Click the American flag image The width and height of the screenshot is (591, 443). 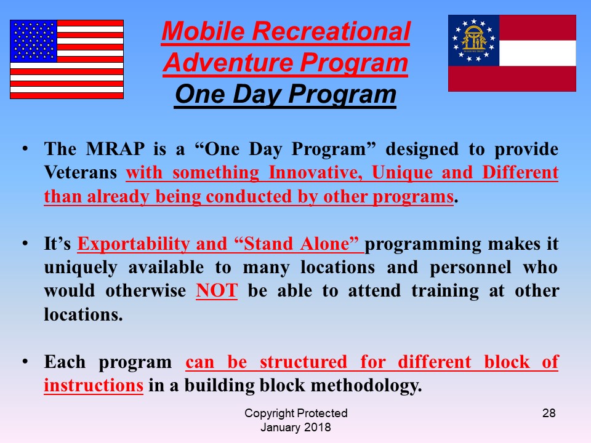(x=66, y=59)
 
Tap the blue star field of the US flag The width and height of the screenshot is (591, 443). (x=33, y=41)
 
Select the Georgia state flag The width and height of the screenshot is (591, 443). (x=512, y=53)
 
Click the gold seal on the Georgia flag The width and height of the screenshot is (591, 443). (x=474, y=41)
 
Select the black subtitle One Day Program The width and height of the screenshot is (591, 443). (x=285, y=94)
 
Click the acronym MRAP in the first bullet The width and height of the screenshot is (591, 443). (x=115, y=149)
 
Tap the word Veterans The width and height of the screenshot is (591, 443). (x=81, y=172)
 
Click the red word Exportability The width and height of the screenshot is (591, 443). (x=134, y=244)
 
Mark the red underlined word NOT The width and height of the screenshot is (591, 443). (x=217, y=291)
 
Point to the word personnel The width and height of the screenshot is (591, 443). (x=470, y=268)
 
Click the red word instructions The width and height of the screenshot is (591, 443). (x=94, y=385)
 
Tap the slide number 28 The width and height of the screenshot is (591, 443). (x=549, y=413)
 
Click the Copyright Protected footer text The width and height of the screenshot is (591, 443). (x=296, y=413)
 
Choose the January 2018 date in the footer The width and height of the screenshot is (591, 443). (x=295, y=428)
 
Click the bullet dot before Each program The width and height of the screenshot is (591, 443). (x=25, y=361)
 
